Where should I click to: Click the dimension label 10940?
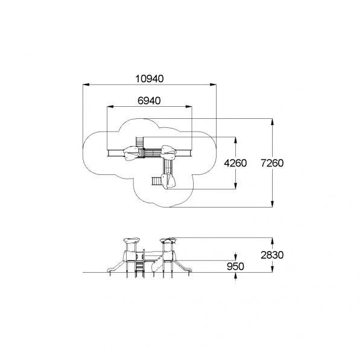tap(150, 78)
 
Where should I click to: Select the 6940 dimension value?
tap(149, 101)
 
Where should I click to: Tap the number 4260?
tap(235, 164)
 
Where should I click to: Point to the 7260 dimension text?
tap(272, 164)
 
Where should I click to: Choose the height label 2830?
tap(272, 255)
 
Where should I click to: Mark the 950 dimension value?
tap(235, 267)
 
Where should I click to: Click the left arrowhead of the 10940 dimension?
tap(86, 84)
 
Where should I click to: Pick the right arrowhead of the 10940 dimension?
tap(213, 84)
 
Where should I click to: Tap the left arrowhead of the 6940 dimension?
tap(110, 107)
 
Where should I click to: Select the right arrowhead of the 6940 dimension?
tap(189, 107)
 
